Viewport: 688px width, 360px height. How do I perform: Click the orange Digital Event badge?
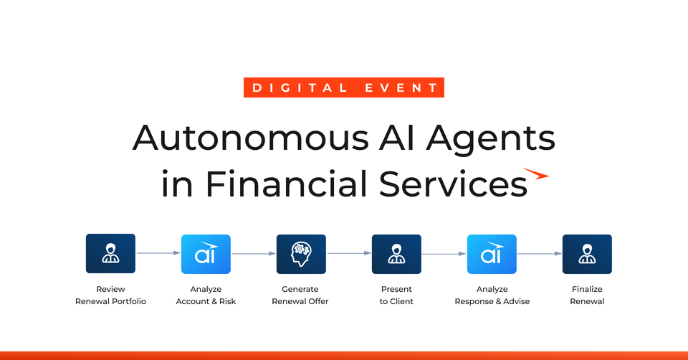pos(344,87)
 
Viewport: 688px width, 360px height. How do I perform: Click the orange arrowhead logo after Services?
pos(536,174)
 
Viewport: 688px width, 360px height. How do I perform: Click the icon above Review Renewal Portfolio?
pos(110,254)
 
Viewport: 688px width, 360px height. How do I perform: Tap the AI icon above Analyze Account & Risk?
pos(206,254)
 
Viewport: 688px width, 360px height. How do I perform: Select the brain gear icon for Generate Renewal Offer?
pos(301,254)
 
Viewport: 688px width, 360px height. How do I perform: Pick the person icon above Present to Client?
pos(396,254)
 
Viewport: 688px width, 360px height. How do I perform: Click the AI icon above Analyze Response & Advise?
pos(492,254)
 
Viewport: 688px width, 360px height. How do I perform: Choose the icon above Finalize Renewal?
pos(587,254)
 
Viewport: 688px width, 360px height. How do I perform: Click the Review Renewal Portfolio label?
pos(110,295)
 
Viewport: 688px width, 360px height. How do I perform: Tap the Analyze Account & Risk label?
pos(206,295)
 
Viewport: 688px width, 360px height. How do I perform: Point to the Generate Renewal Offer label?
pos(300,295)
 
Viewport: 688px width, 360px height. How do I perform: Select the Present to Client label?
pos(396,295)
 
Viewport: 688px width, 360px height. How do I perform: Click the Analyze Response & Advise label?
pos(492,295)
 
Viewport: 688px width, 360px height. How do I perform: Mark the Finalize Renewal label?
pos(587,295)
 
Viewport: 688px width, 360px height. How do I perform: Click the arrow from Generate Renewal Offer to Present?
pos(349,253)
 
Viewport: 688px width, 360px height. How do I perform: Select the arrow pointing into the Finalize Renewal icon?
pos(540,253)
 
